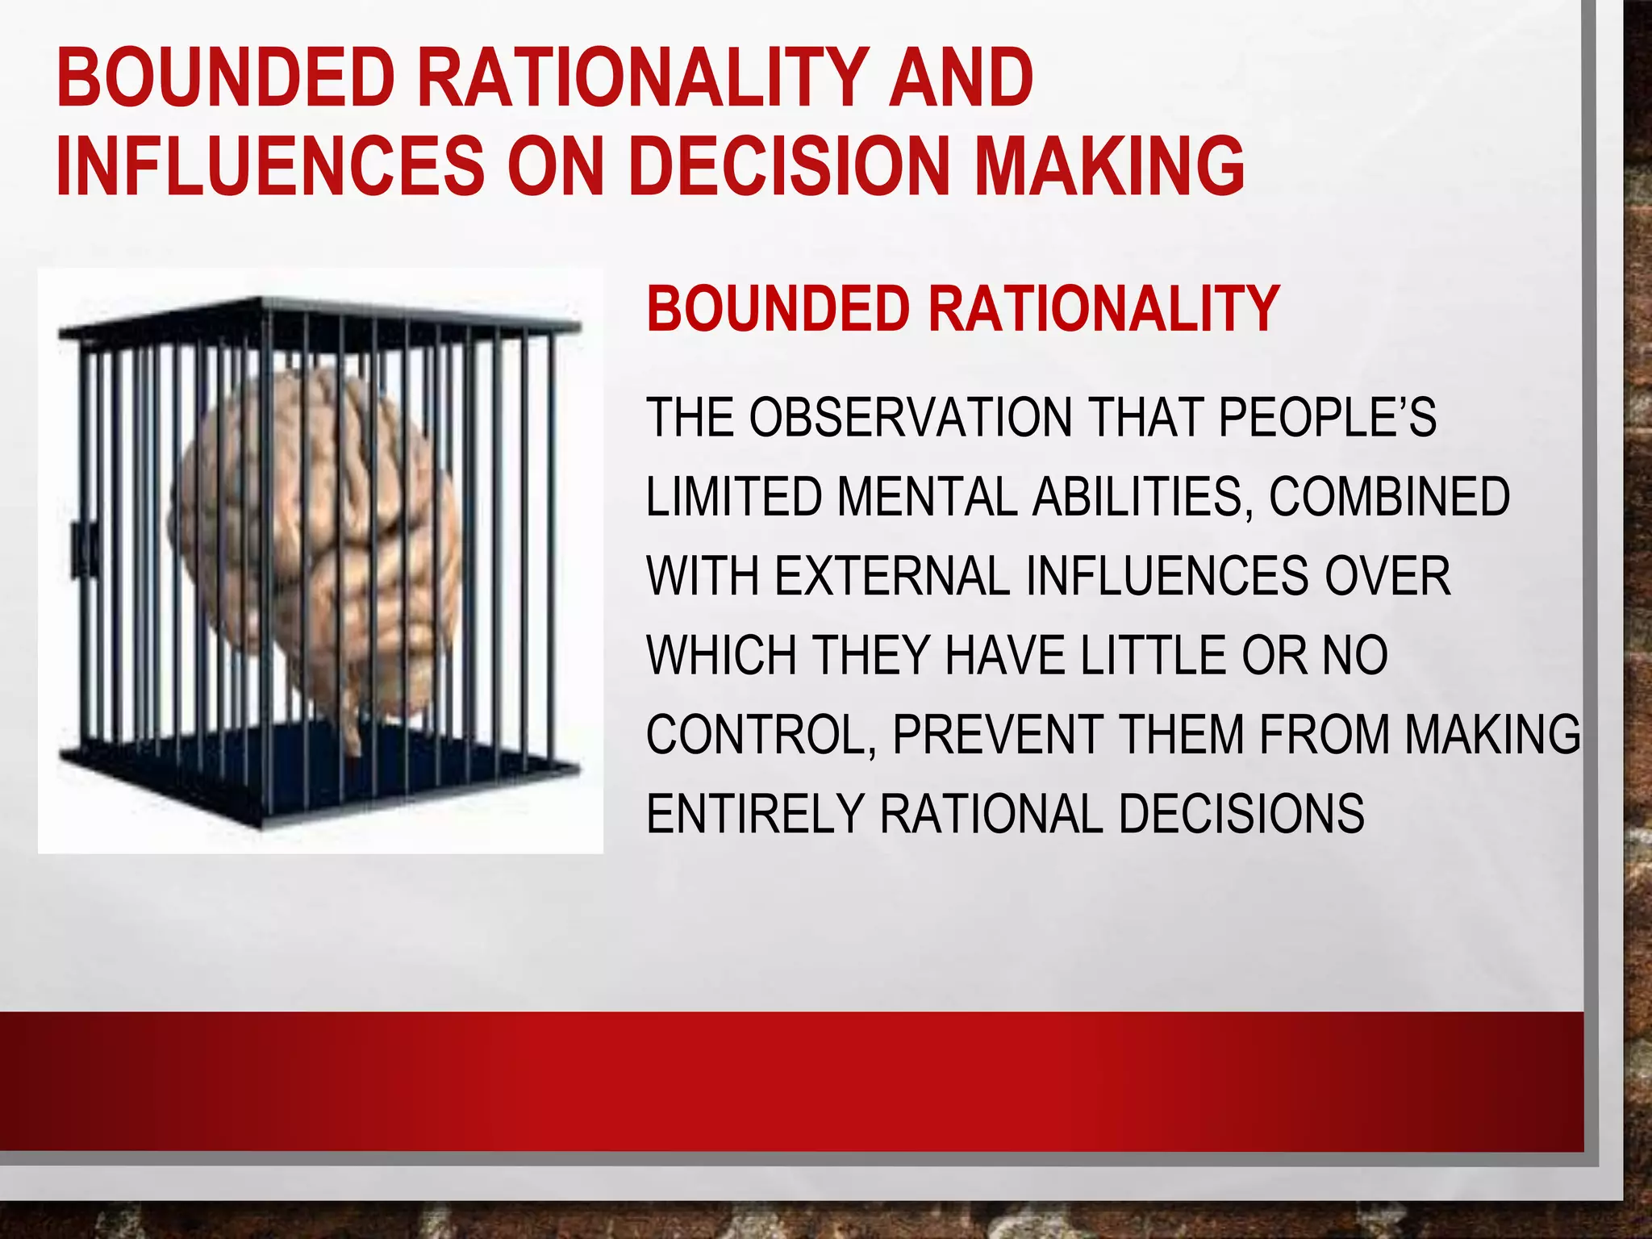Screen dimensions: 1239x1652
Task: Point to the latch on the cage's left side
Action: pos(83,549)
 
